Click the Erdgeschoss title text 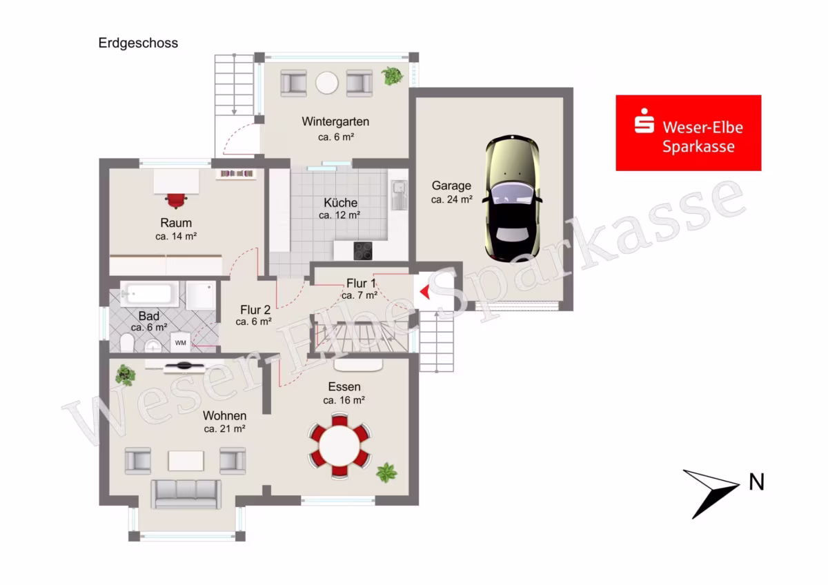click(138, 43)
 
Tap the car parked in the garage click(512, 198)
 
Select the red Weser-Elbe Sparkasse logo click(689, 133)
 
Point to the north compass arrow click(711, 494)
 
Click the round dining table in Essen click(339, 446)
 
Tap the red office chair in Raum click(176, 201)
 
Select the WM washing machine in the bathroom click(180, 343)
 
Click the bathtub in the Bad click(150, 294)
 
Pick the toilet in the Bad click(127, 344)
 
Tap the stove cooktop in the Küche click(363, 250)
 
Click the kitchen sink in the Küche click(400, 195)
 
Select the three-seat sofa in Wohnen click(186, 495)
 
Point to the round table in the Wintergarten click(327, 83)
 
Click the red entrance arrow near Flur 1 click(425, 292)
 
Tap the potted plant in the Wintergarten click(392, 76)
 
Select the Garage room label click(451, 186)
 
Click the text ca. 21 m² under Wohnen click(225, 428)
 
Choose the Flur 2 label click(255, 310)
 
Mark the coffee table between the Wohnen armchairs click(186, 460)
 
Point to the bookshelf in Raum click(236, 174)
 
